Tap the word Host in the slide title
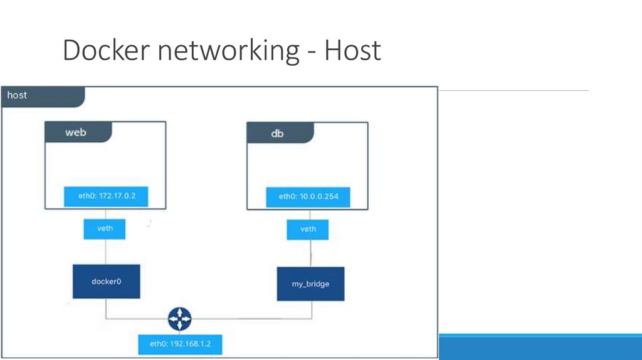click(352, 50)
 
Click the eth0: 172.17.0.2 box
click(105, 196)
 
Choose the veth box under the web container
click(105, 228)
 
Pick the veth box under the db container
click(308, 229)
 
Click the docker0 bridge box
click(106, 282)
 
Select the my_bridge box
click(310, 284)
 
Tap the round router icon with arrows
click(179, 319)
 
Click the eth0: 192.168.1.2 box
click(180, 344)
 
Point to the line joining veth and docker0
click(105, 251)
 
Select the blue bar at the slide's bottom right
click(540, 347)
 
